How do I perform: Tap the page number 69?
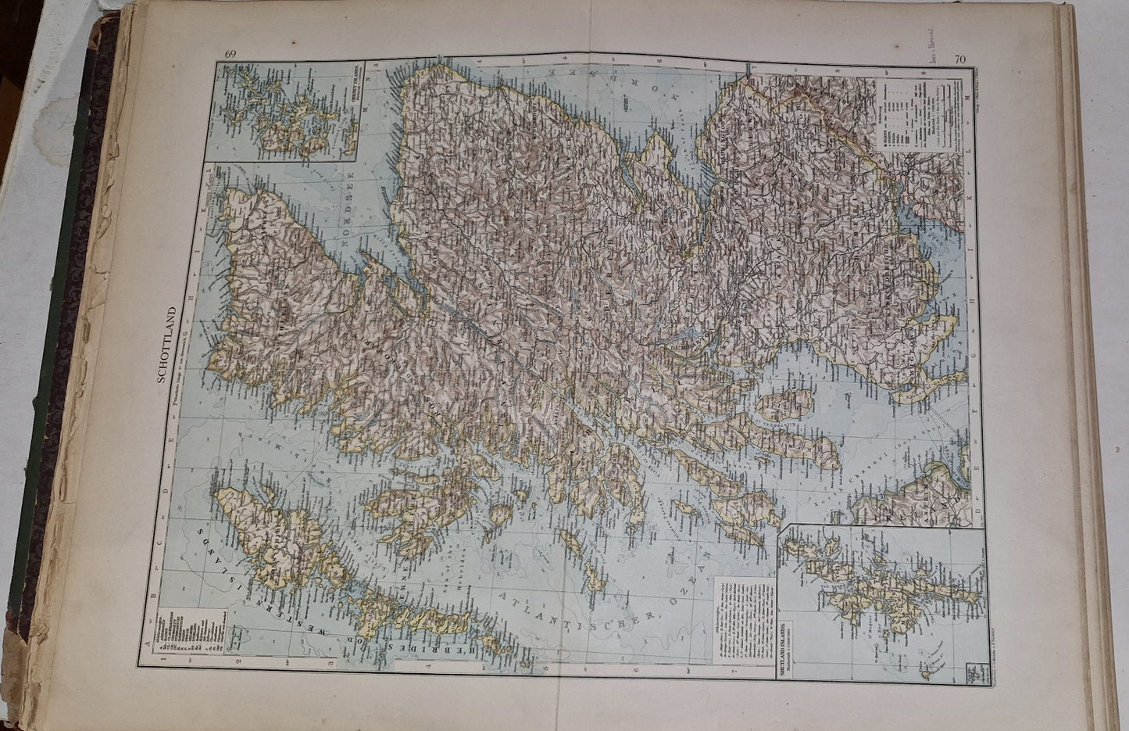click(x=230, y=54)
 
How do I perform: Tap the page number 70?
click(x=960, y=58)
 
